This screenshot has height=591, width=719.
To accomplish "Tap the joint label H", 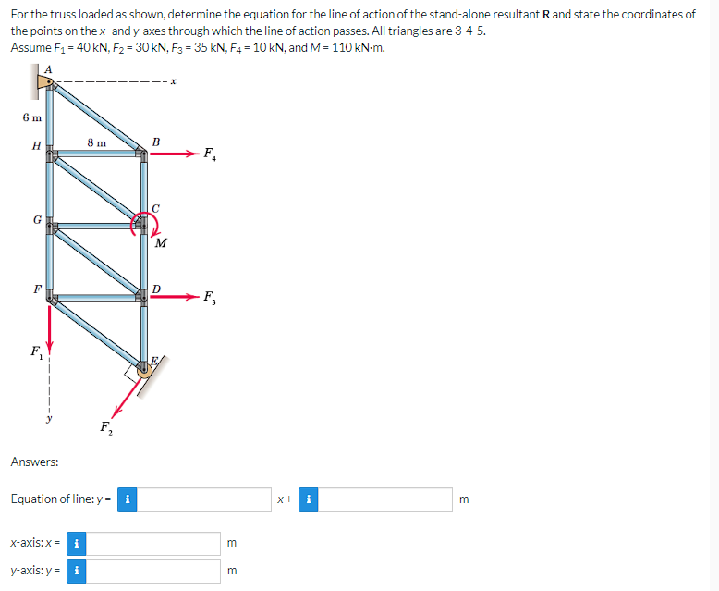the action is click(35, 145).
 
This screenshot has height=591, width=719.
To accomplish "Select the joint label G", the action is click(36, 220).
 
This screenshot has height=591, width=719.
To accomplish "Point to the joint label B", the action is click(155, 142).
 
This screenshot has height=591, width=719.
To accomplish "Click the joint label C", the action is click(156, 208).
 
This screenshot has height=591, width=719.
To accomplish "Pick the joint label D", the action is click(157, 289).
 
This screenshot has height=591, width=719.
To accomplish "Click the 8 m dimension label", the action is click(96, 142).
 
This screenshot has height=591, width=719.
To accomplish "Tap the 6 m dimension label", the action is click(31, 117).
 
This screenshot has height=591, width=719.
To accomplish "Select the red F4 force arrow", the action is click(173, 154).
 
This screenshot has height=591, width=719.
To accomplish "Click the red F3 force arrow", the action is click(173, 297).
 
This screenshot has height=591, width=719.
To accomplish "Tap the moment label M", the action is click(161, 243).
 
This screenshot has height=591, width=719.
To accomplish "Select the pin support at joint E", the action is click(144, 369).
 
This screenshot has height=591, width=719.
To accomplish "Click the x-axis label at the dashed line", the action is click(173, 83).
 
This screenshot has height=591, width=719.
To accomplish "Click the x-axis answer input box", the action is click(155, 542).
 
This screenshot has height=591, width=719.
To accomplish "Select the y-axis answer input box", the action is click(155, 571).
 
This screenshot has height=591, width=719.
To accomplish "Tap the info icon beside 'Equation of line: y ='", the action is click(127, 499).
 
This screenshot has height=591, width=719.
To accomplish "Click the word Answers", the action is click(35, 461).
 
